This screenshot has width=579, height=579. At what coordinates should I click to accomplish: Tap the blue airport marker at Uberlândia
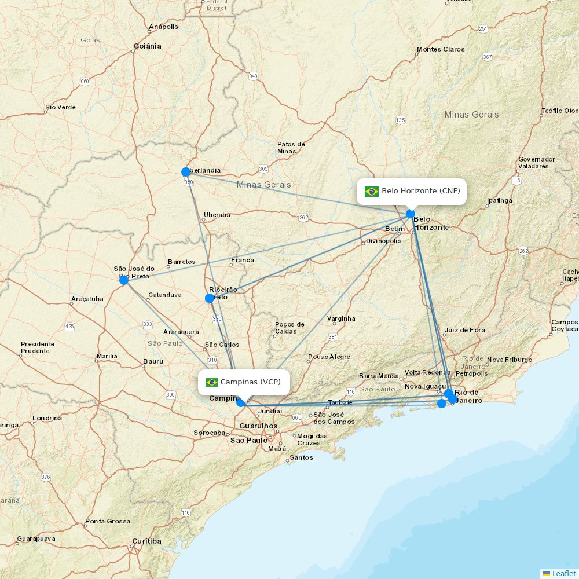[x=186, y=172]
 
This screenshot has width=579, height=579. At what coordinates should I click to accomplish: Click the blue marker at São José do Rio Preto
[x=124, y=280]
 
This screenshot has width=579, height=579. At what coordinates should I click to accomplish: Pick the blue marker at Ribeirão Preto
[x=210, y=298]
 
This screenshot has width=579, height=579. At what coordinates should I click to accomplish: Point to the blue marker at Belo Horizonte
[x=411, y=214]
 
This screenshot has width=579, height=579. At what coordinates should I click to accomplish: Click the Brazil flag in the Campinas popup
[x=212, y=382]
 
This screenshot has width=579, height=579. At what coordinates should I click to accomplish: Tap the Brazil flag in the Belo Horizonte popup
[x=372, y=192]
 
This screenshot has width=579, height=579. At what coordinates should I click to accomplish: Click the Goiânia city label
[x=148, y=46]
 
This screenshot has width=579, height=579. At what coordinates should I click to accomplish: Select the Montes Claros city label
[x=441, y=49]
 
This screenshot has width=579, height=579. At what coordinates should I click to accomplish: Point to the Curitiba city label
[x=146, y=541]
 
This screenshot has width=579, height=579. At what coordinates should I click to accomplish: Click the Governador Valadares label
[x=536, y=163]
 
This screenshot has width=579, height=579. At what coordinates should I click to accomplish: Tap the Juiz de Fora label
[x=465, y=331]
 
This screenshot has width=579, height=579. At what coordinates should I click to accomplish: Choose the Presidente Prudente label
[x=38, y=347]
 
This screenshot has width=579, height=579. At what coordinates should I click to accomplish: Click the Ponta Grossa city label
[x=108, y=521]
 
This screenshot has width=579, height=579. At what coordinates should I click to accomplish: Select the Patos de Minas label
[x=291, y=148]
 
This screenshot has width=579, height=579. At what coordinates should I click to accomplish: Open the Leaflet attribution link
[x=564, y=573]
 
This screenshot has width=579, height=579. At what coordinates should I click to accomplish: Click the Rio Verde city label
[x=61, y=107]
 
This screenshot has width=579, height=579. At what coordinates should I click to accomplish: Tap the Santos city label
[x=301, y=457]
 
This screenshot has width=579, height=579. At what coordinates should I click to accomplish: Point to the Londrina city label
[x=47, y=418]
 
